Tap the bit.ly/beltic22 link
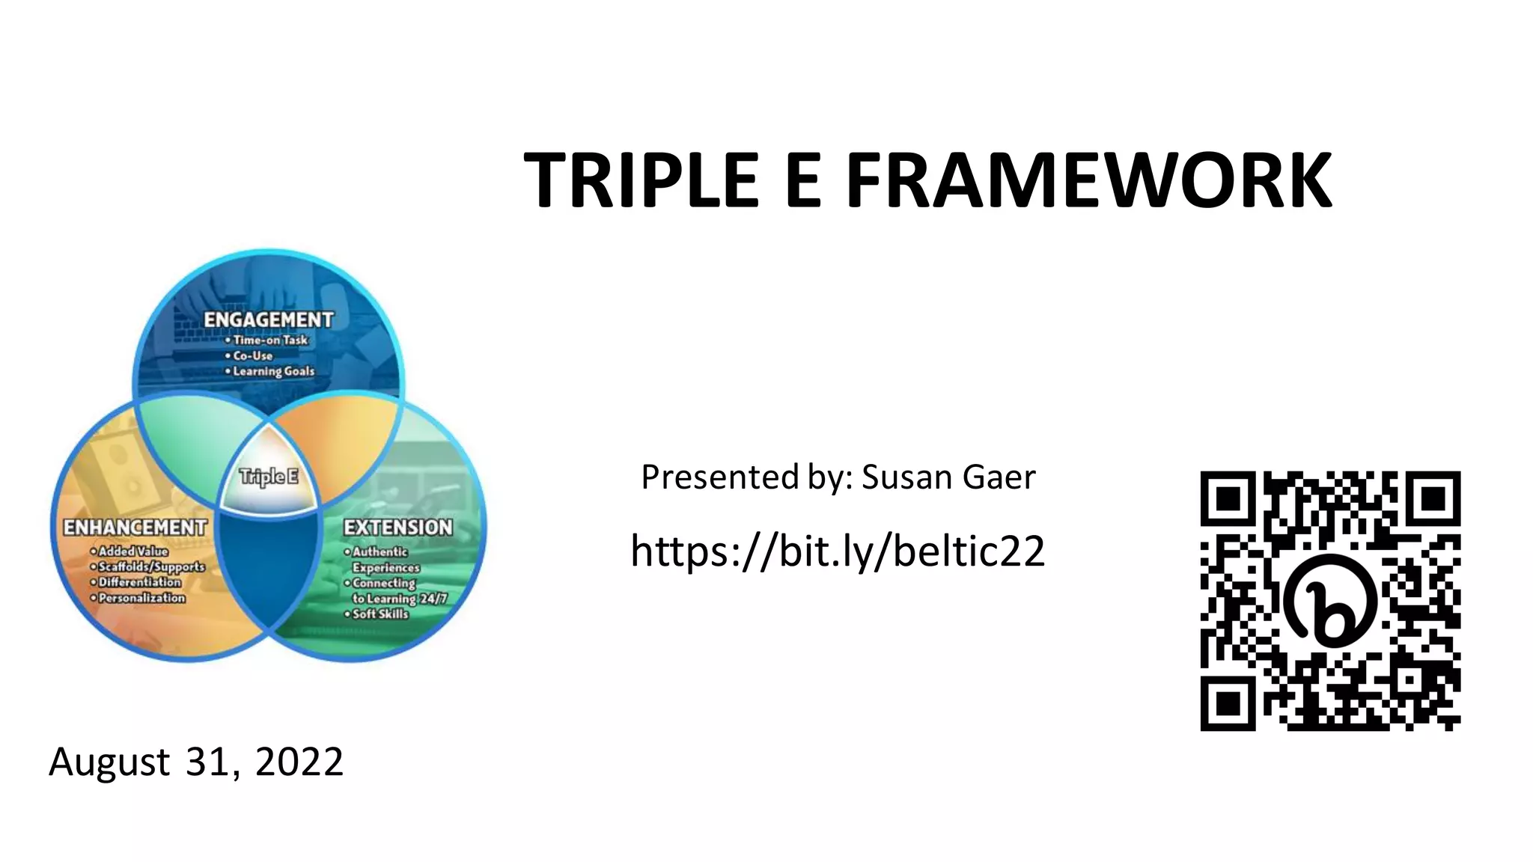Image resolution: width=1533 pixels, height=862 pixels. pyautogui.click(x=838, y=551)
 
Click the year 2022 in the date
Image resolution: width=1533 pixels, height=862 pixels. pyautogui.click(x=299, y=762)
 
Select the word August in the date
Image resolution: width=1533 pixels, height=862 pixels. pyautogui.click(x=109, y=762)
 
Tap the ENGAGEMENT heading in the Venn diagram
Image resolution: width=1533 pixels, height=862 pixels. pyautogui.click(x=269, y=320)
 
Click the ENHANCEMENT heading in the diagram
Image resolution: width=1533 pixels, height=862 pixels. pyautogui.click(x=135, y=528)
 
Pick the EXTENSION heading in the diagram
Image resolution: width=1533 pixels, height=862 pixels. pyautogui.click(x=398, y=528)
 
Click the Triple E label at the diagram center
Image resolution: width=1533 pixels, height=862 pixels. pyautogui.click(x=268, y=477)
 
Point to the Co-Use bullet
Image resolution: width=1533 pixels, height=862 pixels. pyautogui.click(x=253, y=355)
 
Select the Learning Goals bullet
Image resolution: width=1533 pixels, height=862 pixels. pyautogui.click(x=273, y=371)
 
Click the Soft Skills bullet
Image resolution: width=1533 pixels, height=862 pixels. pyautogui.click(x=380, y=614)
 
